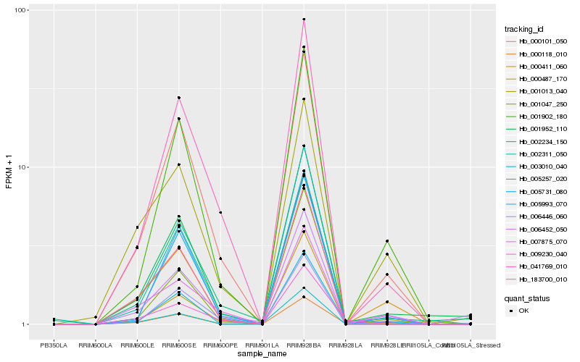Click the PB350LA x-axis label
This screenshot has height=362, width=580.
click(x=53, y=345)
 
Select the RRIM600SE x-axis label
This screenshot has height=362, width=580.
click(x=178, y=345)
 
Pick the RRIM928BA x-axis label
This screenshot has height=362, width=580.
click(x=304, y=345)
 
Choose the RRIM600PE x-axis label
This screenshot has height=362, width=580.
click(x=220, y=345)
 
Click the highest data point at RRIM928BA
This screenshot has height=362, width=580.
click(x=304, y=20)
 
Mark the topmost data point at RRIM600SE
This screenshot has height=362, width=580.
click(x=178, y=98)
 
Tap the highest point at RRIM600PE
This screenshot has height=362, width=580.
click(x=220, y=212)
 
